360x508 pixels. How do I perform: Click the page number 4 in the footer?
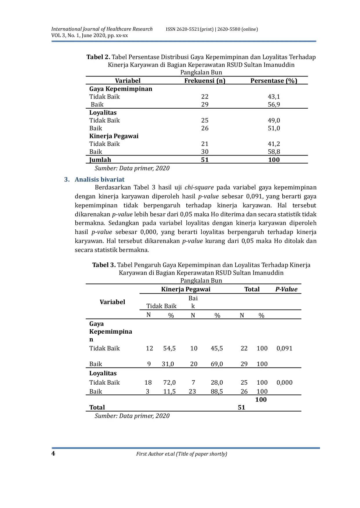53,454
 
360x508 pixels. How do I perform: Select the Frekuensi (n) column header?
205,81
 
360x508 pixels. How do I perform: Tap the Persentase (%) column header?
274,81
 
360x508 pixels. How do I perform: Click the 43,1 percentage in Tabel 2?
274,97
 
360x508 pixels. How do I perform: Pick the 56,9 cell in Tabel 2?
274,105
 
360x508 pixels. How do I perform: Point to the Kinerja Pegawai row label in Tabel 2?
114,136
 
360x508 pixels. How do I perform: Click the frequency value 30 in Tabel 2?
205,152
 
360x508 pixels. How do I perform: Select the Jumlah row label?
100,160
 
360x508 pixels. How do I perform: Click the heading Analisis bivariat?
99,180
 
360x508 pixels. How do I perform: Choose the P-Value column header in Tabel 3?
286,289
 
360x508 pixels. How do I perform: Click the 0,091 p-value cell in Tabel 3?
284,348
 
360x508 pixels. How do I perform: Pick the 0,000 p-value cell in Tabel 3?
284,383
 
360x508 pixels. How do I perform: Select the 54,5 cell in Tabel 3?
169,348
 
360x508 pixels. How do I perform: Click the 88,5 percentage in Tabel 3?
217,392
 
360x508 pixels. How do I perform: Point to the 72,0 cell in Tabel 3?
169,383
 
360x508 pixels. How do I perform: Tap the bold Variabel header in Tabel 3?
112,302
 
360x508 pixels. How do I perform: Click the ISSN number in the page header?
212,29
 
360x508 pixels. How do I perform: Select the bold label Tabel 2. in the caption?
98,57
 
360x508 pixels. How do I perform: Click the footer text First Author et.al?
181,454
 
